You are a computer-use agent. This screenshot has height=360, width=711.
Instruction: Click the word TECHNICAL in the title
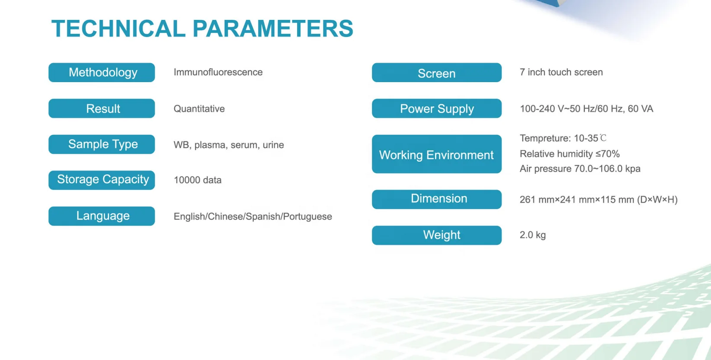coord(118,29)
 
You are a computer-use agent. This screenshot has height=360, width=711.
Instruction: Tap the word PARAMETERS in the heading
coord(273,29)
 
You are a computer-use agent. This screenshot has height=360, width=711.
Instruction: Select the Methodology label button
coord(102,72)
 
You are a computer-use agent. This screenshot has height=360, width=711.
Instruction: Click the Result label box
coord(102,108)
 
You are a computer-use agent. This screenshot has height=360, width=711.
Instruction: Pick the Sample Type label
coord(102,144)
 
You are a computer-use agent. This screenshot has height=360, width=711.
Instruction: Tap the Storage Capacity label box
coord(102,180)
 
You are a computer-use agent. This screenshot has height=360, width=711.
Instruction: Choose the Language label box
coord(102,216)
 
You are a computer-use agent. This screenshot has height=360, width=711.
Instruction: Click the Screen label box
coord(437,72)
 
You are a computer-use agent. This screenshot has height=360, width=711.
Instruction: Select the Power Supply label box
coord(437,108)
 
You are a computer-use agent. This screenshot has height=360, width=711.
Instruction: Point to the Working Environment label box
coord(437,154)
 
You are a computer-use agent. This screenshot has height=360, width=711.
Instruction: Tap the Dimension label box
coord(437,199)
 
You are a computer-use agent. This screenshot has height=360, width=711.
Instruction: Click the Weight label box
coord(437,235)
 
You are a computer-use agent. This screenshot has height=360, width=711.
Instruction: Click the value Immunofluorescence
coord(218,72)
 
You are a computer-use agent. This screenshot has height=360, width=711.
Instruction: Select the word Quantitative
coord(199,108)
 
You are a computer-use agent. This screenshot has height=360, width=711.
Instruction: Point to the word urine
coord(273,145)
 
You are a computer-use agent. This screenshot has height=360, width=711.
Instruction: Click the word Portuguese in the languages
coord(308,217)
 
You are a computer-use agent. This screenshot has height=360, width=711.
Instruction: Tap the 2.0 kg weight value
coord(533,235)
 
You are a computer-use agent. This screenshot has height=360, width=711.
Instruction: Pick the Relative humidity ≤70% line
coord(570,154)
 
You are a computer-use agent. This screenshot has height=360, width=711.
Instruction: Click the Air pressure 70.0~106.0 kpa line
coord(580,169)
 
